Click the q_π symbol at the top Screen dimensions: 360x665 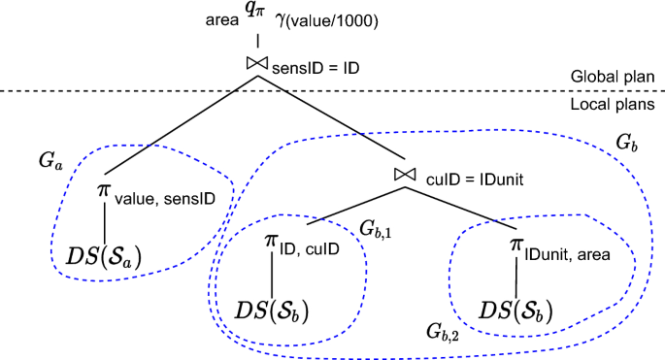(258, 16)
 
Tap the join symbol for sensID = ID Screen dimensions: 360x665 (257, 64)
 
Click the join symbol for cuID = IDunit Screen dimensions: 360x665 (406, 174)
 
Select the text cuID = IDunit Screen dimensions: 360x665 (466, 178)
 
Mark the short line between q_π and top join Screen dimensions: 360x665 (257, 42)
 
